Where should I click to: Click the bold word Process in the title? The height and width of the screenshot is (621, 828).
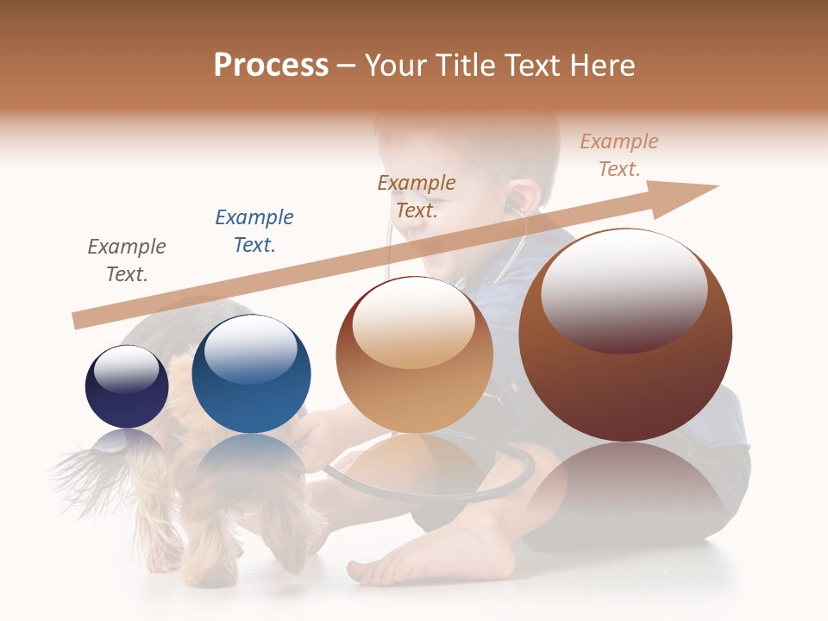coord(271,66)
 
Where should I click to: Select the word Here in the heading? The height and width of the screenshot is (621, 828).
coord(599,66)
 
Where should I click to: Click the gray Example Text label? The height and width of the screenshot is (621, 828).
coord(127,260)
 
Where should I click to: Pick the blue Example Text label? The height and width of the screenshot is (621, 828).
coord(254,231)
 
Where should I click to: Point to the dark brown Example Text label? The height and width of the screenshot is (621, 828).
coord(417,197)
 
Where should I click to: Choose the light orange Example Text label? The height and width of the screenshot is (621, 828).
coord(619,155)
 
